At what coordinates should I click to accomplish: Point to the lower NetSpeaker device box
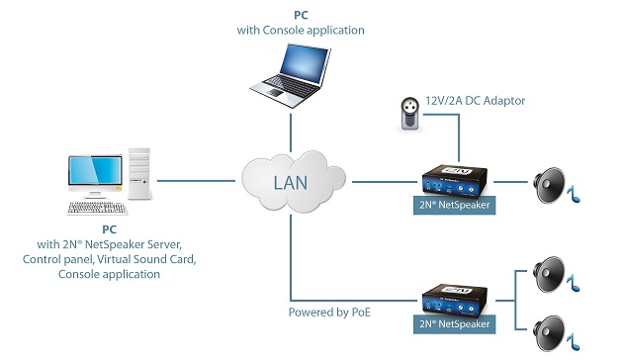point(455,302)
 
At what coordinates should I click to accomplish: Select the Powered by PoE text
point(330,312)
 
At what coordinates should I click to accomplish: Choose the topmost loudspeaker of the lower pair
point(550,271)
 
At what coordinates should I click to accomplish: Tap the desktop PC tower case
point(139,179)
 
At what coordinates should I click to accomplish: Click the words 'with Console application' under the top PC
point(301,31)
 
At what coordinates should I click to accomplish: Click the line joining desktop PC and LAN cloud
point(198,181)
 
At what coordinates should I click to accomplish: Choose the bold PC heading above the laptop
point(301,16)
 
